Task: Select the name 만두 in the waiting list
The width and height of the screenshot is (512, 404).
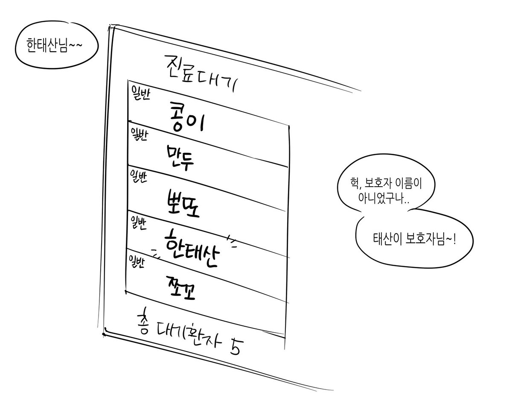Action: (x=180, y=158)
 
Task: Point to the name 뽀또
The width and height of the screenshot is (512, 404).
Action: (x=183, y=204)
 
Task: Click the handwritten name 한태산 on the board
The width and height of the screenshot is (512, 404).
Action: (x=192, y=249)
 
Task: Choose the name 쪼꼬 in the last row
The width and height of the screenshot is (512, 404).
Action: (x=181, y=288)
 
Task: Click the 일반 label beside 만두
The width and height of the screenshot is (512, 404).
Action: (x=139, y=135)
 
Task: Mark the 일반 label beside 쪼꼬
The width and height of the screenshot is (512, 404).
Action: (x=137, y=262)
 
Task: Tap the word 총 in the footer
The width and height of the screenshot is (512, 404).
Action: (x=143, y=321)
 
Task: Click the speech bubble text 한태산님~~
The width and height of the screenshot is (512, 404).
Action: (x=55, y=45)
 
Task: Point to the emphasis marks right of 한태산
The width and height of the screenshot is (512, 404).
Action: (x=232, y=241)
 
